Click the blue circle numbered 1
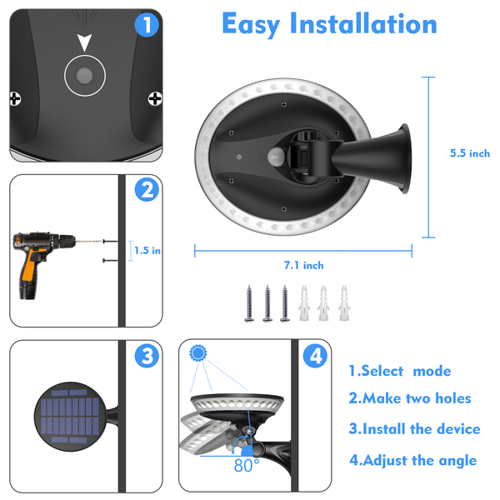click(147, 24)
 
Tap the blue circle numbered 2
click(147, 190)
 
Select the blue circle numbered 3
click(147, 356)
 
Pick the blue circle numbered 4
click(315, 356)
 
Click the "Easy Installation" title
click(329, 24)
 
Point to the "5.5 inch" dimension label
click(470, 153)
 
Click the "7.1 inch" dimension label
click(303, 265)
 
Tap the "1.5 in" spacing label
click(147, 250)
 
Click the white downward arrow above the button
click(84, 42)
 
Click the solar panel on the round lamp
click(70, 416)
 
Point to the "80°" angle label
click(247, 465)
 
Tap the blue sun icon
click(198, 353)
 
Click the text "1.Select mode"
click(400, 371)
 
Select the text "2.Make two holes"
click(410, 398)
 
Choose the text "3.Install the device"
click(414, 429)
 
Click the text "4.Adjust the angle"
click(413, 460)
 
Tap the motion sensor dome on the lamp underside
click(276, 157)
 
